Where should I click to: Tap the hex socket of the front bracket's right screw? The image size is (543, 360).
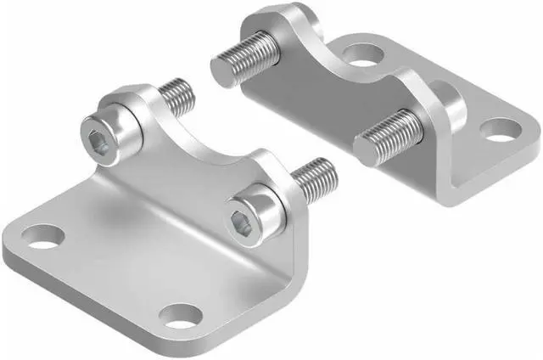[x=241, y=223]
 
